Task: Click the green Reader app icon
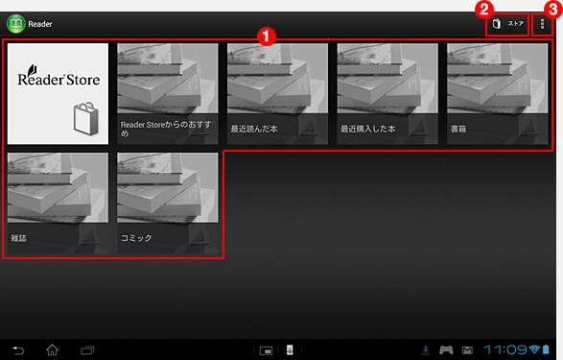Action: pyautogui.click(x=15, y=24)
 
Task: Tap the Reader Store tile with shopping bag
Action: pyautogui.click(x=58, y=94)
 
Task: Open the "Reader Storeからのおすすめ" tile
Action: pyautogui.click(x=168, y=94)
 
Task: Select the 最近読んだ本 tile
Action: pyautogui.click(x=277, y=94)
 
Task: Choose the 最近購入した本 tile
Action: pyautogui.click(x=387, y=94)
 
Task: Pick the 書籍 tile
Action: pyautogui.click(x=497, y=94)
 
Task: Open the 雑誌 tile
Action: pyautogui.click(x=58, y=203)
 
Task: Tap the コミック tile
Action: pyautogui.click(x=168, y=203)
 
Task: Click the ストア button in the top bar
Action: pyautogui.click(x=507, y=24)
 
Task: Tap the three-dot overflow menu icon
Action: pyautogui.click(x=542, y=24)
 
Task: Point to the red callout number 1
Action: pyautogui.click(x=266, y=36)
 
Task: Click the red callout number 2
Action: pyautogui.click(x=484, y=10)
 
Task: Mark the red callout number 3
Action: pyautogui.click(x=553, y=10)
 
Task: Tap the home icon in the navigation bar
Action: pyautogui.click(x=53, y=349)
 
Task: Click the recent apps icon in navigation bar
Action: pyautogui.click(x=87, y=350)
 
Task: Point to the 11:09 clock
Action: pyautogui.click(x=505, y=349)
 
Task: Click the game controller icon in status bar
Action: pyautogui.click(x=446, y=349)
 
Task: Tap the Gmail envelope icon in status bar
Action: pyautogui.click(x=467, y=350)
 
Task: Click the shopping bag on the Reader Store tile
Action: pyautogui.click(x=86, y=118)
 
